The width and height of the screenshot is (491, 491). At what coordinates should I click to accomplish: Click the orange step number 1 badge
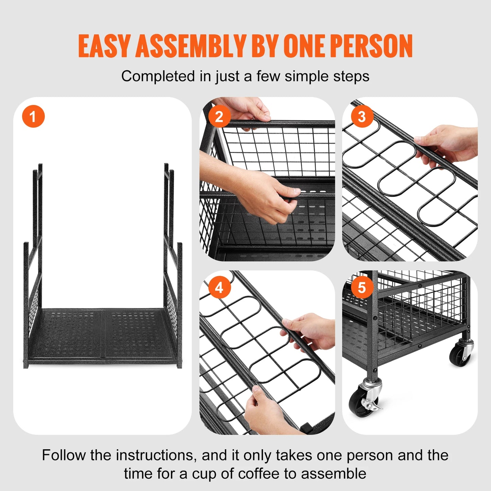[33, 117]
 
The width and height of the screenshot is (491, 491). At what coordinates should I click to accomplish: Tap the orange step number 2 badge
[219, 117]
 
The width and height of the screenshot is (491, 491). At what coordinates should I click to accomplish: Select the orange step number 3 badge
[362, 117]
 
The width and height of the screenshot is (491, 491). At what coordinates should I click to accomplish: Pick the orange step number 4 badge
[219, 287]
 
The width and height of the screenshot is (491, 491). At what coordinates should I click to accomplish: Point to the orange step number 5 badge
[362, 287]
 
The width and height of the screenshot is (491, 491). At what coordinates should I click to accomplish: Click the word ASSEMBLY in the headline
[190, 46]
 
